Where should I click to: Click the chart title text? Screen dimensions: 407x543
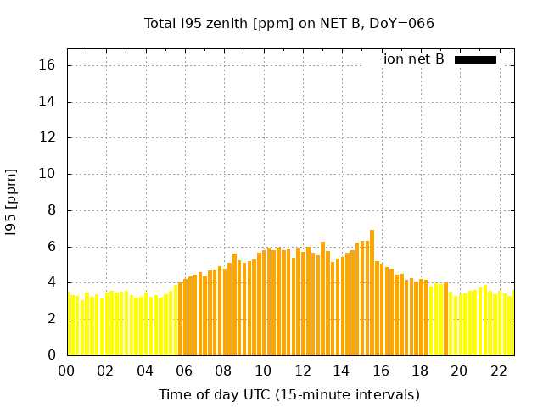pyautogui.click(x=288, y=23)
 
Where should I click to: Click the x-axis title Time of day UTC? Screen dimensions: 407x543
pyautogui.click(x=288, y=394)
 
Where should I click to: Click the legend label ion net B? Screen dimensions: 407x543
pyautogui.click(x=413, y=59)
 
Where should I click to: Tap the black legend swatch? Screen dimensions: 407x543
pyautogui.click(x=475, y=59)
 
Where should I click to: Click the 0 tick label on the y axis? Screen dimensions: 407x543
pyautogui.click(x=52, y=355)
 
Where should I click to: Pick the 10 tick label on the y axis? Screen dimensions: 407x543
pyautogui.click(x=48, y=174)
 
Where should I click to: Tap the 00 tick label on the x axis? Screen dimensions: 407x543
pyautogui.click(x=66, y=371)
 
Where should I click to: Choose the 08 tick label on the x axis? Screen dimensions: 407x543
pyautogui.click(x=223, y=371)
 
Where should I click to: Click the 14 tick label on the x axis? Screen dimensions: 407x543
pyautogui.click(x=341, y=371)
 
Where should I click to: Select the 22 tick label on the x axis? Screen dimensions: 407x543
pyautogui.click(x=498, y=371)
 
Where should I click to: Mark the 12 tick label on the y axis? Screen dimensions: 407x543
pyautogui.click(x=48, y=138)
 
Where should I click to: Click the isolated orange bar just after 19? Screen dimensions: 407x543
pyautogui.click(x=445, y=319)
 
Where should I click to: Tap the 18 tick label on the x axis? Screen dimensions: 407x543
pyautogui.click(x=420, y=371)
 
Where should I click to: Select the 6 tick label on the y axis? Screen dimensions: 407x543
pyautogui.click(x=52, y=247)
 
